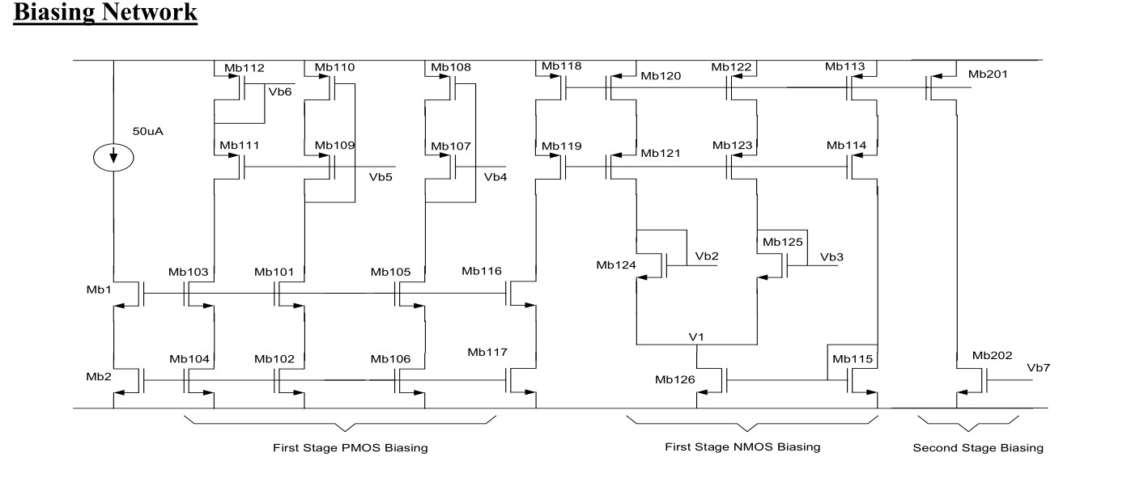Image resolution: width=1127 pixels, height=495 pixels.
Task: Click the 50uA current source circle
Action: (114, 158)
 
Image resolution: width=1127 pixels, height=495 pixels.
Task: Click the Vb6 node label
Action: (280, 92)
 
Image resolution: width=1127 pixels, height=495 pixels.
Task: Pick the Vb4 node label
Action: (495, 177)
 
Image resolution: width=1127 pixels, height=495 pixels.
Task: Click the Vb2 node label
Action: (707, 256)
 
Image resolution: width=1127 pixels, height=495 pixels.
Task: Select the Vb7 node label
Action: (1038, 367)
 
